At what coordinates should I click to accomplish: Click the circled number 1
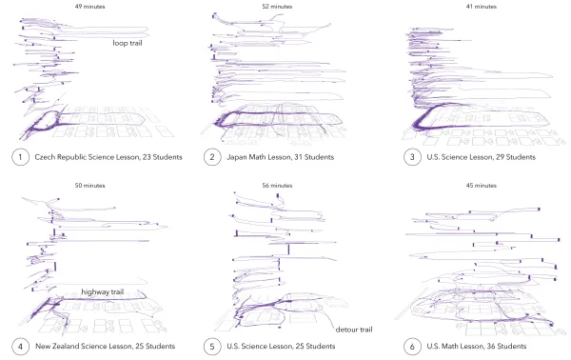pos(20,157)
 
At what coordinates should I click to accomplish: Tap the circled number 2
pos(212,157)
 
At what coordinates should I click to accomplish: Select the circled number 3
pos(412,157)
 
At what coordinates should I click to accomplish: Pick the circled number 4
pos(20,346)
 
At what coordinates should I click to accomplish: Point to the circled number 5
pos(212,346)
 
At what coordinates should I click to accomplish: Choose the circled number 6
pos(412,346)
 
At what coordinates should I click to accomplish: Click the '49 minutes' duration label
pos(90,7)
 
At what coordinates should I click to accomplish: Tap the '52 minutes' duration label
pos(277,7)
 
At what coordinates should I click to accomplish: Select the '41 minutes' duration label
pos(482,7)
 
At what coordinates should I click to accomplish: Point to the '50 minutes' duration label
pos(90,186)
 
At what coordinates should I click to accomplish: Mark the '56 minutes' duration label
pos(277,186)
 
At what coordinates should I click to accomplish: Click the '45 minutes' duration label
pos(482,186)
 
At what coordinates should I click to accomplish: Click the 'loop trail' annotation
pos(128,43)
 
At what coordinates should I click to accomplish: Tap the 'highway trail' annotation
pos(103,291)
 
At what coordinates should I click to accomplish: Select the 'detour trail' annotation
pos(354,330)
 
